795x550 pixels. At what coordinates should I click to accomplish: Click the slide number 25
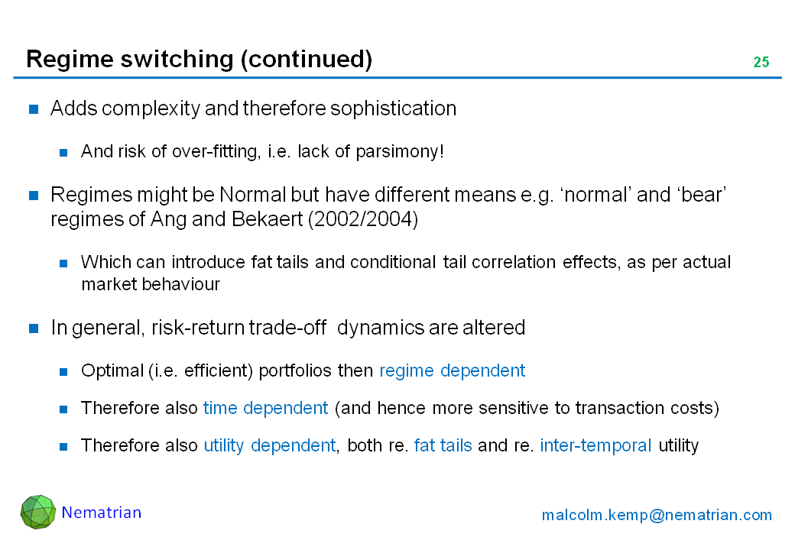click(761, 62)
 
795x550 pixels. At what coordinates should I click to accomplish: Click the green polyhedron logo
click(38, 512)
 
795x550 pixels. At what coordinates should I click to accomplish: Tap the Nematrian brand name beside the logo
click(102, 513)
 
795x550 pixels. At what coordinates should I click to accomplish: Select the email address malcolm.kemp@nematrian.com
click(657, 515)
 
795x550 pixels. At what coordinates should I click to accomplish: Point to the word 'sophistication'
click(394, 108)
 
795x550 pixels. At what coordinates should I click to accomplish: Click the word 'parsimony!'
click(400, 151)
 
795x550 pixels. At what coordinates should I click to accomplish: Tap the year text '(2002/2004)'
click(363, 219)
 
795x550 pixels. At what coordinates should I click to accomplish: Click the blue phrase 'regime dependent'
click(453, 370)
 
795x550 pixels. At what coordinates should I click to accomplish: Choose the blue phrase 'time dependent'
click(266, 408)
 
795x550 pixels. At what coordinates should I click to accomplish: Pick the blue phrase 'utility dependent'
click(270, 445)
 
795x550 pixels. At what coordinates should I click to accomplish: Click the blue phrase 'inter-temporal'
click(595, 445)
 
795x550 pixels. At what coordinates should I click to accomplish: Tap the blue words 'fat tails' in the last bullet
click(443, 445)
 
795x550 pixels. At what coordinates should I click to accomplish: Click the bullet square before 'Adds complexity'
click(34, 109)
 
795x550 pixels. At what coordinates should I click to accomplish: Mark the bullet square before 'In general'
click(34, 328)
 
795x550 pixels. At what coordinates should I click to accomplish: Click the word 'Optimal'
click(112, 370)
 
